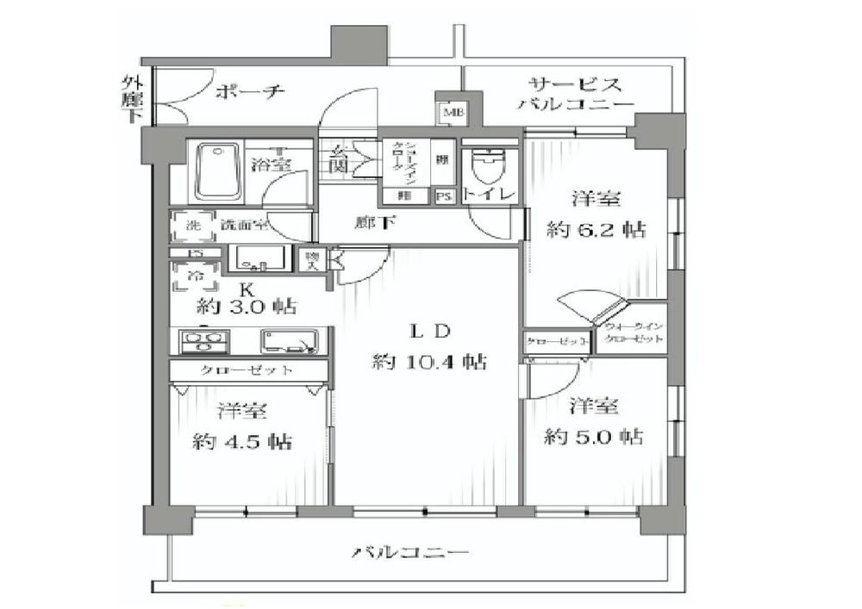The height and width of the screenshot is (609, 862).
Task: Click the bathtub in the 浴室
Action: coord(216,171)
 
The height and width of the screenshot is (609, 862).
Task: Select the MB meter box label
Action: coord(452,113)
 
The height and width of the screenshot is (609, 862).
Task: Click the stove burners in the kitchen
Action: coord(200,342)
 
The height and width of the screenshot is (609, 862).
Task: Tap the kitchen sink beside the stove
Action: coord(289,342)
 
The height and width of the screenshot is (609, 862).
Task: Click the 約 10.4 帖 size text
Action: coord(428,362)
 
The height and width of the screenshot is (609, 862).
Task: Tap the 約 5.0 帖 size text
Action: coord(594,437)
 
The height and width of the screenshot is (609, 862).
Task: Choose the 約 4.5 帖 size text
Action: coord(242,442)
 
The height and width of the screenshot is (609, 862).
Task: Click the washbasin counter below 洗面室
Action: coord(259,258)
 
